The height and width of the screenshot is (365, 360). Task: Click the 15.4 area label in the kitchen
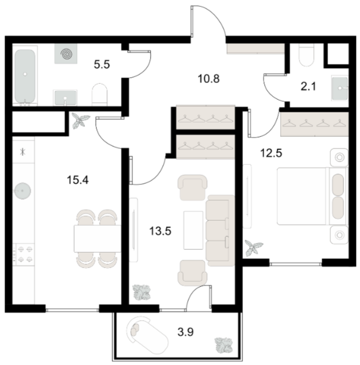78,180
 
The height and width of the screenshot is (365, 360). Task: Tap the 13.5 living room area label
160,231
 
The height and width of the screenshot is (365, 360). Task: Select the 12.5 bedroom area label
271,153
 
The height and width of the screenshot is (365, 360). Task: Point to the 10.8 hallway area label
209,79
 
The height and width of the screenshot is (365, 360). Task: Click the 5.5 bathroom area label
102,64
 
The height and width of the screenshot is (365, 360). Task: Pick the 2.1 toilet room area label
308,87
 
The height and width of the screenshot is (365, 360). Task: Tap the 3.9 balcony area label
185,332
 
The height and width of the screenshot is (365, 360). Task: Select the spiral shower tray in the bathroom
66,54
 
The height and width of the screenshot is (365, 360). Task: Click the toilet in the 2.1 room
306,55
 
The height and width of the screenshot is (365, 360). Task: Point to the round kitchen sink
22,191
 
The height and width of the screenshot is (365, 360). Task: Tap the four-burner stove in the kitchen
23,254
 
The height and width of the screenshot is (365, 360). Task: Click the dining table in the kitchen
98,238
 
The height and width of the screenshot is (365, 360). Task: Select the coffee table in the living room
193,230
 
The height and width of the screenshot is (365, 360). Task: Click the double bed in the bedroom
312,196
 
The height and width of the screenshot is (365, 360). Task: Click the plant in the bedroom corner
253,248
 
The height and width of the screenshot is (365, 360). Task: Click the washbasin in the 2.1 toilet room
340,88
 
